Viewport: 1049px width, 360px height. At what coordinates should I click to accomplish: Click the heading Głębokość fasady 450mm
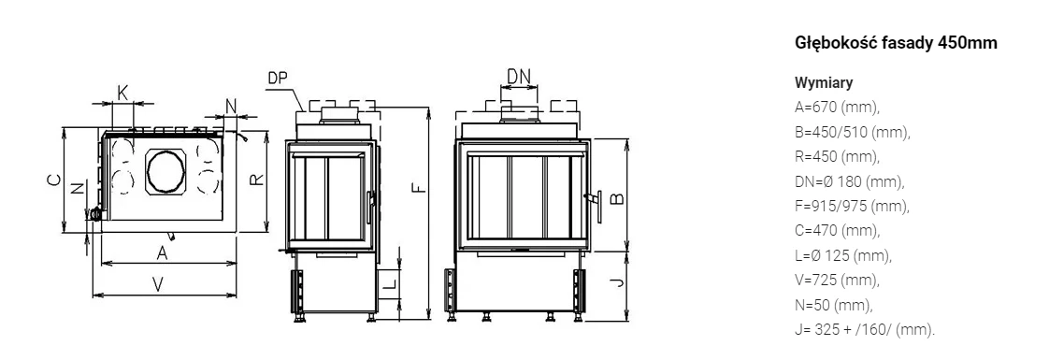click(x=896, y=44)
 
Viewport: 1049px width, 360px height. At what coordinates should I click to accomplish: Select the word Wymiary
click(x=824, y=83)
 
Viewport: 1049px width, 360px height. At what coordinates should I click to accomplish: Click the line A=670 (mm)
click(x=837, y=107)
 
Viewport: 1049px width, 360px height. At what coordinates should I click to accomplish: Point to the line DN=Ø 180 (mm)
click(x=850, y=181)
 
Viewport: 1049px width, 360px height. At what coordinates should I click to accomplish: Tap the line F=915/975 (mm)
click(x=853, y=206)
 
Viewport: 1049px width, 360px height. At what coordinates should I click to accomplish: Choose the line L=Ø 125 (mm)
click(x=843, y=255)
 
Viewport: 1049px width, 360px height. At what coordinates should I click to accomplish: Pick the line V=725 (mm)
click(x=837, y=281)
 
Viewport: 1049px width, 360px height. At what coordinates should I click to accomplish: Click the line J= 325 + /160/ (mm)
click(x=865, y=330)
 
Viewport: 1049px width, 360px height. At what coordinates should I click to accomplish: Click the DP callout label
click(x=278, y=79)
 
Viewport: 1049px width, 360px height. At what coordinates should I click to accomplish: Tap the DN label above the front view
click(x=519, y=77)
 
